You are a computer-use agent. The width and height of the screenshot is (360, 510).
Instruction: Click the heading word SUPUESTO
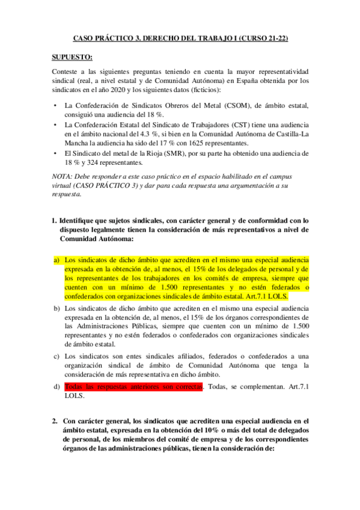[x=72, y=57]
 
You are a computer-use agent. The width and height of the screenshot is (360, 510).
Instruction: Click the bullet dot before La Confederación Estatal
[x=55, y=124]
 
